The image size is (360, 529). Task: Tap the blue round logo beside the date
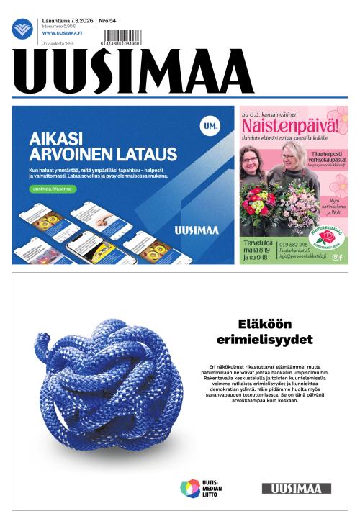coord(22,29)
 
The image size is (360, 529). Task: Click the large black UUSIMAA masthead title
coord(133,72)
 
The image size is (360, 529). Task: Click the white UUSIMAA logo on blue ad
coord(197,230)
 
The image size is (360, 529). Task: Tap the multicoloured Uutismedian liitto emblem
coord(190,488)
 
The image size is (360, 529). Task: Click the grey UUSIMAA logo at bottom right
coord(296,488)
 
